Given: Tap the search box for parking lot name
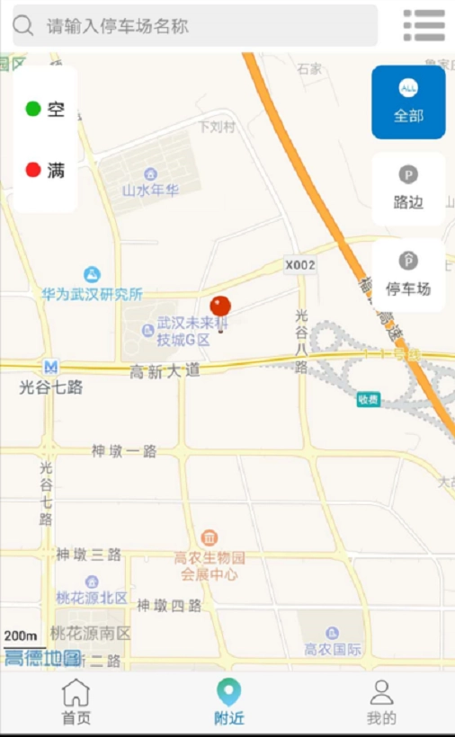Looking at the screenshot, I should point(194,26).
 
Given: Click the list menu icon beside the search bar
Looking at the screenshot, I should point(424,26).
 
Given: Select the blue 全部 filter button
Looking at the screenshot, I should point(408,102).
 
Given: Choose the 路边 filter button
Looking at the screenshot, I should point(408,189).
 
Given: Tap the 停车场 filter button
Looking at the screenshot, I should point(408,275).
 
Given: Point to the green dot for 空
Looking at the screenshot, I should point(33,110).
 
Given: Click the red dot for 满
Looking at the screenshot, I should point(33,169).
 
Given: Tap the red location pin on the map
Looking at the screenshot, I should point(220,308).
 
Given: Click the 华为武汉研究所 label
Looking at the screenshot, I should point(92,294).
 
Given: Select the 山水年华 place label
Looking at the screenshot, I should point(150,190).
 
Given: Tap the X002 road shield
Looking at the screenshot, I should point(300,265).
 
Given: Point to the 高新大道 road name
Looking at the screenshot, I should point(165,370).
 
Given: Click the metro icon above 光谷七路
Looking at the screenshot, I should point(51,367).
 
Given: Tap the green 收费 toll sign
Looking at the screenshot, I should point(368,399).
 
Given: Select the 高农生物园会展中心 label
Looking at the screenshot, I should point(210,565).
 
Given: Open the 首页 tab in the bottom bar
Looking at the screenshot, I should point(76,702).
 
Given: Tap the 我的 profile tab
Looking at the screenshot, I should point(381,702).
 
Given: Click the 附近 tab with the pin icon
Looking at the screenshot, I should point(228,702).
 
